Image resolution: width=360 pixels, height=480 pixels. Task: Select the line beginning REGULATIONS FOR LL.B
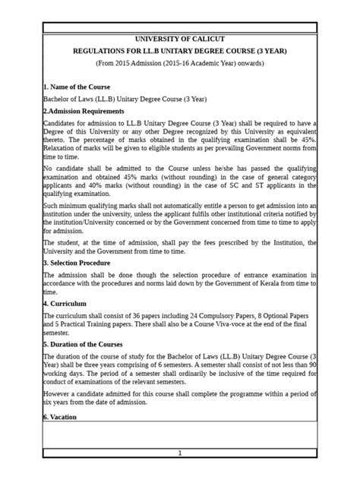coord(180,51)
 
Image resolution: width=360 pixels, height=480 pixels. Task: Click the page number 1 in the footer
coord(180,453)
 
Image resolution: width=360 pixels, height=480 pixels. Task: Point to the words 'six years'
coord(58,403)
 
